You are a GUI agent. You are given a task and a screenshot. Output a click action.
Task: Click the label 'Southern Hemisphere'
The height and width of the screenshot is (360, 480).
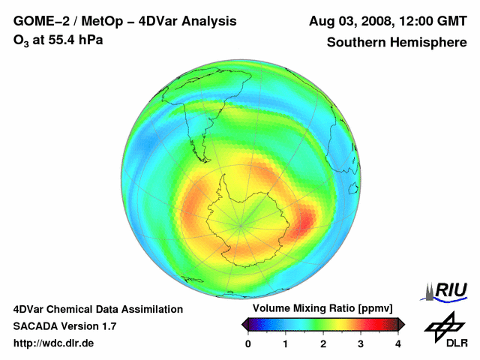(396, 43)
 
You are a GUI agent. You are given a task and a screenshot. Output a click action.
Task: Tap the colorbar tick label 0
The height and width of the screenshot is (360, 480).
(248, 343)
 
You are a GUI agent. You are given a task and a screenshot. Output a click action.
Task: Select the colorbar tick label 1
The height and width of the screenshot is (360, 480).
(286, 343)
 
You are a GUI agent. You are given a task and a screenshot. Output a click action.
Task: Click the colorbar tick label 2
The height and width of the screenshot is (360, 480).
(323, 343)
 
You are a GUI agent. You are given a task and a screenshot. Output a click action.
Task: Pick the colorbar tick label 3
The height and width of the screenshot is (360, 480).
(361, 343)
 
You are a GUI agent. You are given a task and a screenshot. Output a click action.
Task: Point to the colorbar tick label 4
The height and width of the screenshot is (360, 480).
(398, 343)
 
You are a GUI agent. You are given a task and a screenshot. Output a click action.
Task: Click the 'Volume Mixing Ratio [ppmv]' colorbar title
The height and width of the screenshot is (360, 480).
(322, 309)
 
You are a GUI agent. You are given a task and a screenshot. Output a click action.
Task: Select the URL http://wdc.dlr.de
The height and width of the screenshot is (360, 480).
(54, 343)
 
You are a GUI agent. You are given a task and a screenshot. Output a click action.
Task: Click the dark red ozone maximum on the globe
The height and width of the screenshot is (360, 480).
(306, 222)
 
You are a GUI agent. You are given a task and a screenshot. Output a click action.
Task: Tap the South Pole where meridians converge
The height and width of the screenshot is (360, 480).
(241, 223)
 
